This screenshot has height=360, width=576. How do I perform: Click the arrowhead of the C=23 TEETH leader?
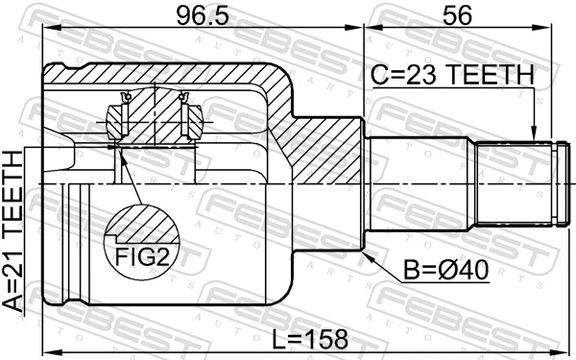(x=533, y=139)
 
